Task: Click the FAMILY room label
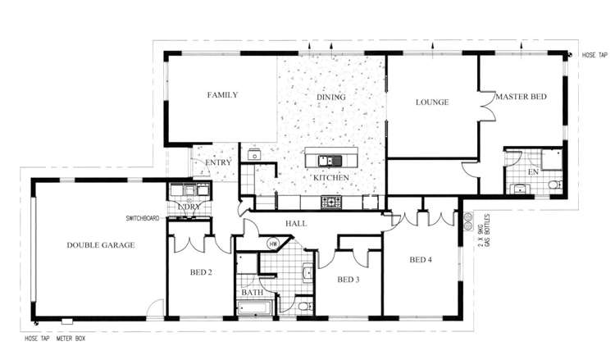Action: click(222, 95)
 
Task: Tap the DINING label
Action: click(331, 98)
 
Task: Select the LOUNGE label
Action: click(431, 103)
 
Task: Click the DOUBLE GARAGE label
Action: click(101, 244)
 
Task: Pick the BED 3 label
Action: click(348, 280)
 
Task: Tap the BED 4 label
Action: click(421, 260)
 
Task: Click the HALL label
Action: click(296, 223)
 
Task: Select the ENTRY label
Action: click(219, 163)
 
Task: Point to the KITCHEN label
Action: click(330, 177)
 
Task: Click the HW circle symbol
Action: click(273, 244)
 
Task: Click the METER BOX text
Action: click(71, 338)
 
